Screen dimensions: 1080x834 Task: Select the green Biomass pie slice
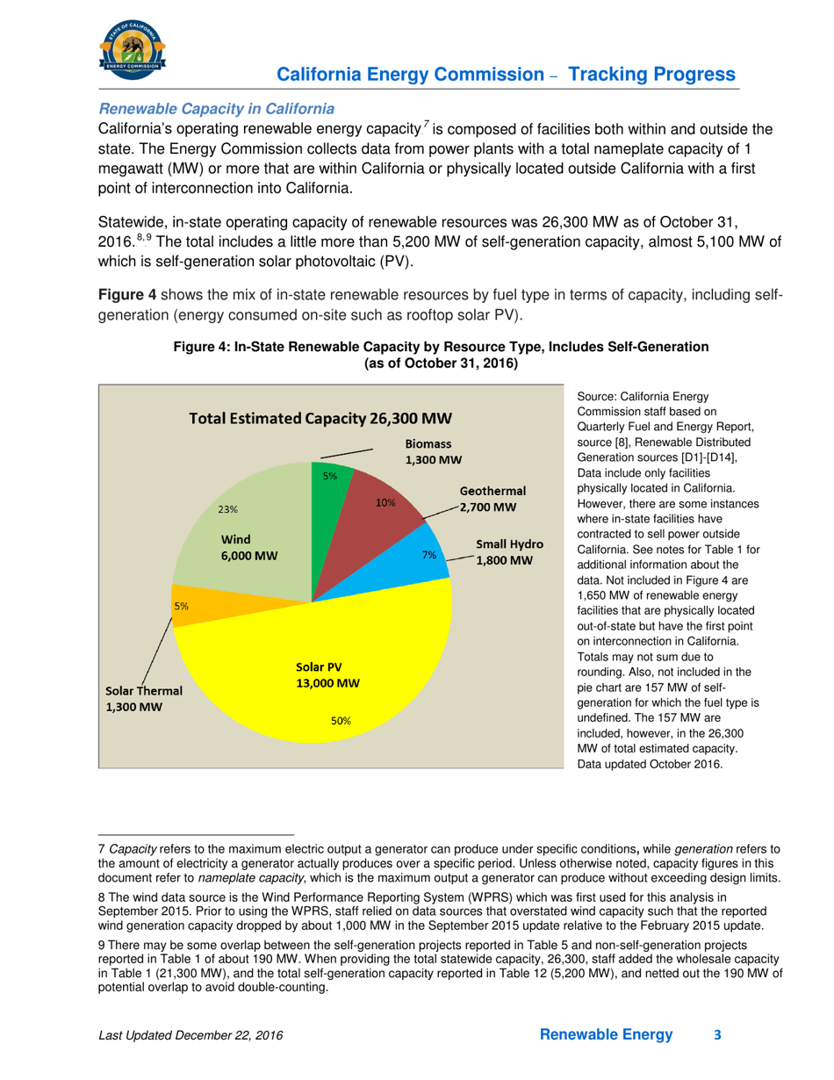(328, 492)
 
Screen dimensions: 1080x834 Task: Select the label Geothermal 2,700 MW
(492, 499)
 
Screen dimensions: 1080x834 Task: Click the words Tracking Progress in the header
(651, 73)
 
